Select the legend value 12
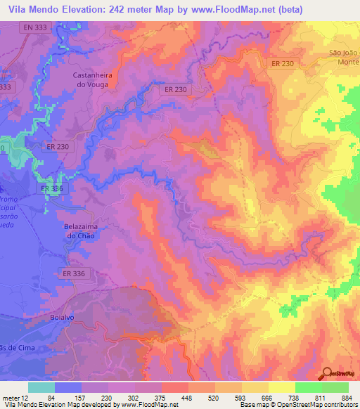coord(26,398)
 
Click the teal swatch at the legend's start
coord(41,387)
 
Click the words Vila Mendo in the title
coord(30,9)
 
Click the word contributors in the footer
coord(337,405)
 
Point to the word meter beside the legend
coord(12,398)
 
